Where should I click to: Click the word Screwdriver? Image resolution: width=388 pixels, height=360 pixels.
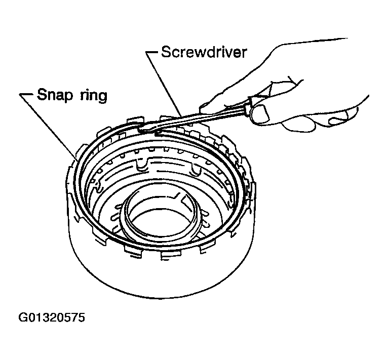click(204, 52)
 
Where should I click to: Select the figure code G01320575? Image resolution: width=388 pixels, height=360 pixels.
click(52, 317)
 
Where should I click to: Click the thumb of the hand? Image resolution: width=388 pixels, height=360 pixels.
click(259, 113)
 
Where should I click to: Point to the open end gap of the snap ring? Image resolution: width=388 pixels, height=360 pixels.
click(151, 131)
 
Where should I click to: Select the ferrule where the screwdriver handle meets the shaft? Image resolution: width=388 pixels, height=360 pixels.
click(248, 108)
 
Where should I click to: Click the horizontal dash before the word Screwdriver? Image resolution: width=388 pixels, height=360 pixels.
click(152, 53)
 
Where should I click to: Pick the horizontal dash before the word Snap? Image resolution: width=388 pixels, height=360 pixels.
click(26, 95)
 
